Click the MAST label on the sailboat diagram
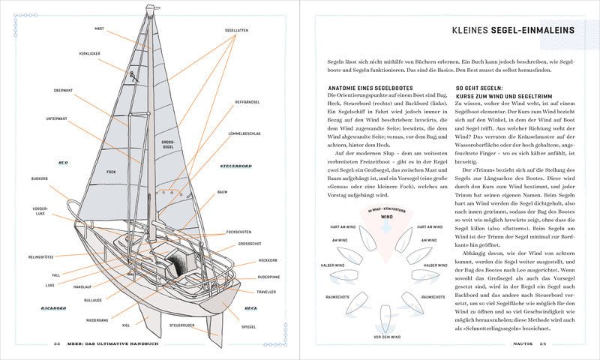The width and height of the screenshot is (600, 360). (99, 28)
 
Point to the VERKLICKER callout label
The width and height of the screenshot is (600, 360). (88, 54)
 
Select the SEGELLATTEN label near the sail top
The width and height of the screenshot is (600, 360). (236, 29)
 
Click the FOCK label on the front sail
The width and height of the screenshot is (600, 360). (111, 172)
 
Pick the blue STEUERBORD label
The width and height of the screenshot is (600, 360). (235, 164)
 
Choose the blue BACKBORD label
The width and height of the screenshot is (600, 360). (53, 308)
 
